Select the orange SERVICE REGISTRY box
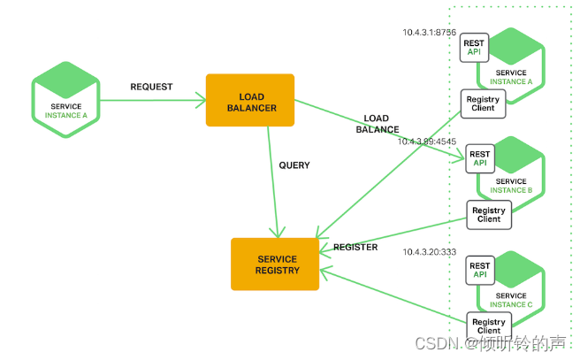tap(275, 264)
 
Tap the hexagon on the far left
tap(66, 99)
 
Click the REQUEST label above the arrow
tap(151, 88)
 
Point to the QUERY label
tap(294, 165)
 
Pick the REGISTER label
tap(355, 248)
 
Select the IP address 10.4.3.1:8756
tap(430, 33)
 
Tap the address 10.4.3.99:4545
tap(427, 141)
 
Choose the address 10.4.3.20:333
tap(430, 252)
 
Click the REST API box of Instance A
tap(473, 47)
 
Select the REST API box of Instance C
tap(480, 270)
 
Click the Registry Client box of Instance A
tap(483, 104)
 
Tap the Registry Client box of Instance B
tap(489, 214)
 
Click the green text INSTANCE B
tap(512, 190)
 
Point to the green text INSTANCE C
tap(512, 304)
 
